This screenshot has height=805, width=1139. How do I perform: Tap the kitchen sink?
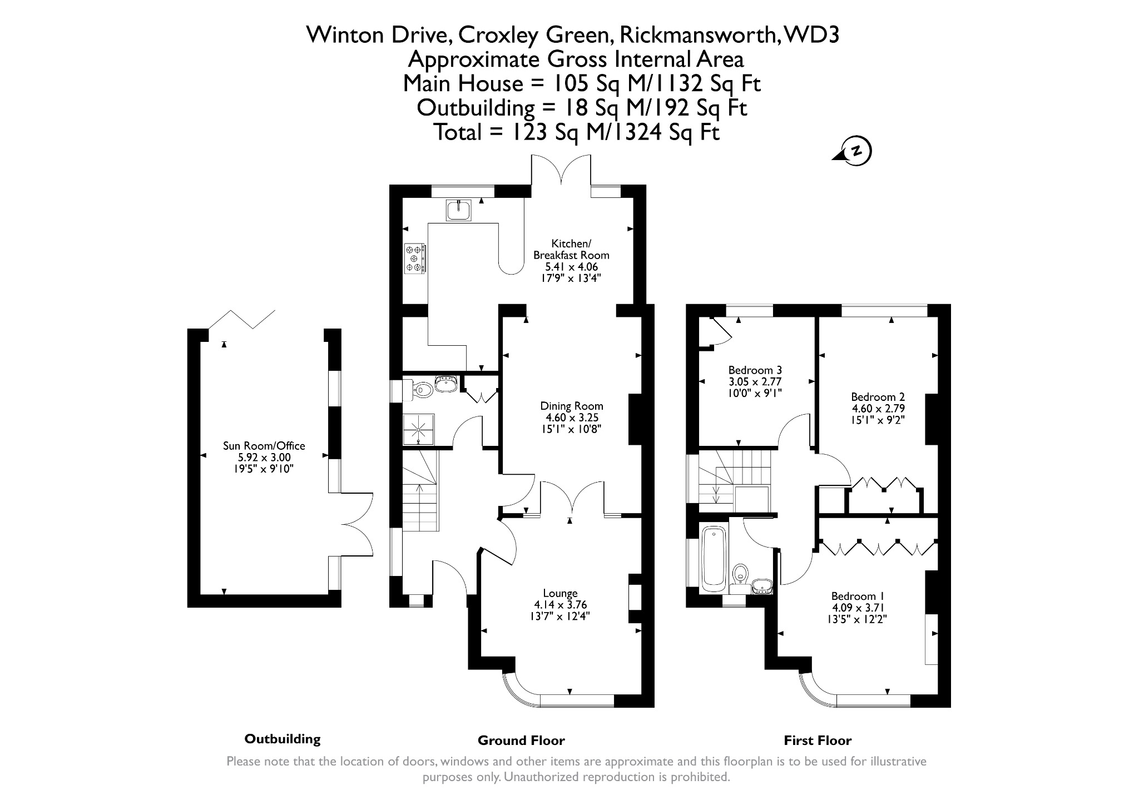(x=458, y=210)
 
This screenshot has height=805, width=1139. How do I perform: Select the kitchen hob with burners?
(x=415, y=259)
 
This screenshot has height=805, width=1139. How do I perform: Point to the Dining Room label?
(x=572, y=406)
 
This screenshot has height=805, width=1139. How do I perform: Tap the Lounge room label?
(x=561, y=593)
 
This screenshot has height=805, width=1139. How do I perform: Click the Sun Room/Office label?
(x=264, y=446)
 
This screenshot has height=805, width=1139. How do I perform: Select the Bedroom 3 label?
(x=755, y=370)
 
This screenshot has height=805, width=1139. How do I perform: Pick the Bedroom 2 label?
(x=878, y=397)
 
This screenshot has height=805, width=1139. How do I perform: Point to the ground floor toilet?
(x=418, y=390)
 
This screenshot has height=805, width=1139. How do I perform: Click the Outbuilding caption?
(x=283, y=739)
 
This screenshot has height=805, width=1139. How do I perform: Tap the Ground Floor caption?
(x=521, y=740)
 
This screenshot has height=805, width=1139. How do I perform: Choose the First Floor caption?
(x=818, y=740)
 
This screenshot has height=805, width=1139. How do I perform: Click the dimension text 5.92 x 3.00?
(x=264, y=458)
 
